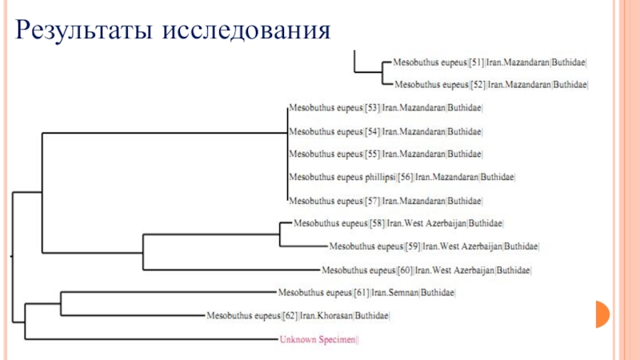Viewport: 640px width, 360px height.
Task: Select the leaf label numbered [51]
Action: pyautogui.click(x=490, y=60)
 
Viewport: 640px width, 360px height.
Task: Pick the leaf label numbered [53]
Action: pyautogui.click(x=386, y=106)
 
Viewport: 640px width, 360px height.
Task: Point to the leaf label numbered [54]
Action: pyautogui.click(x=386, y=130)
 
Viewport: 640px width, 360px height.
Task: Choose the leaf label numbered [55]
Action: pyautogui.click(x=386, y=153)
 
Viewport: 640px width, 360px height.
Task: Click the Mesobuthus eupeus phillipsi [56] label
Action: pyautogui.click(x=401, y=176)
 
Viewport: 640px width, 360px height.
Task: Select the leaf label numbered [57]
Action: pyautogui.click(x=386, y=199)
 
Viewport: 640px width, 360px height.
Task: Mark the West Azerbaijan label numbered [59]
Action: pyautogui.click(x=434, y=246)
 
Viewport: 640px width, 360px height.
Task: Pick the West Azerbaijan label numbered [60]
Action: pyautogui.click(x=426, y=270)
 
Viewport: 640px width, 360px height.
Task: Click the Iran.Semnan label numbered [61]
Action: pyautogui.click(x=366, y=293)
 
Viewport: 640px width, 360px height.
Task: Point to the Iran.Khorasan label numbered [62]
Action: pyautogui.click(x=298, y=316)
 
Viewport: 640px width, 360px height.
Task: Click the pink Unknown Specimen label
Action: pyautogui.click(x=319, y=339)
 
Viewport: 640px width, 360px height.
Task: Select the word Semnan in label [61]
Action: pyautogui.click(x=402, y=293)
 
